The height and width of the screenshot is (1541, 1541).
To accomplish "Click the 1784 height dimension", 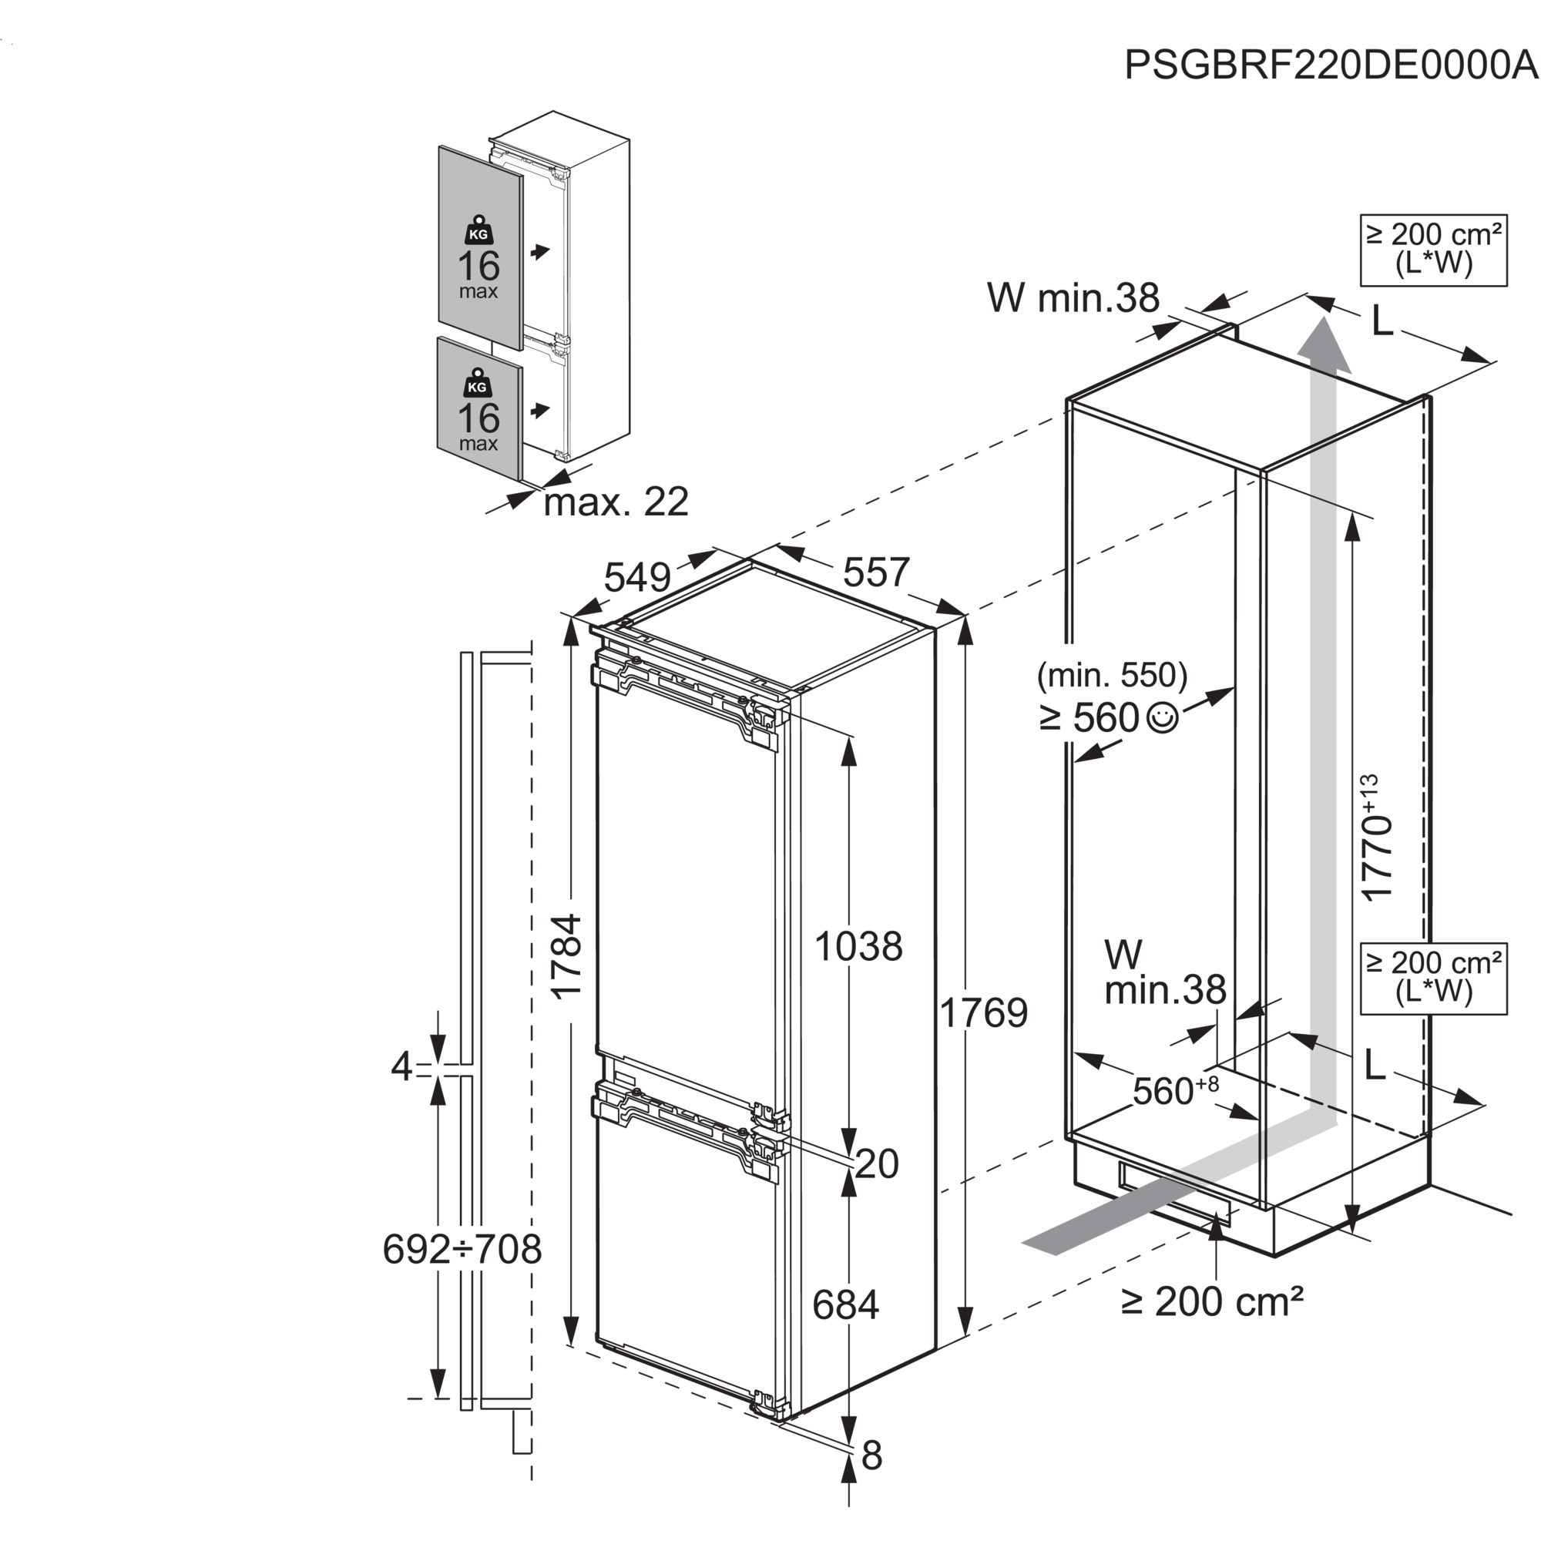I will [569, 961].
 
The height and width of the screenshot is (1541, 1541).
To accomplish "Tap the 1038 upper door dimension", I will [858, 947].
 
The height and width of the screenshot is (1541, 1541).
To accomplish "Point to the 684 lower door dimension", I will [845, 1305].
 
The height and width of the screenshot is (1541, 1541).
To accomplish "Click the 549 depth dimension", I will [638, 576].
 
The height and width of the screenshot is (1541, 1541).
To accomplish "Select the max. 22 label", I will [616, 502].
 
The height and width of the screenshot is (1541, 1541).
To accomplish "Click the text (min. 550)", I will [1112, 676].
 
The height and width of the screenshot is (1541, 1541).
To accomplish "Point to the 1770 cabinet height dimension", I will [1380, 838].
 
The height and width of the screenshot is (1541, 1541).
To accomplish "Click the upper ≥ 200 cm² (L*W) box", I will [1434, 250].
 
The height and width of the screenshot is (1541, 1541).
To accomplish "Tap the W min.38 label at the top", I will [1073, 297].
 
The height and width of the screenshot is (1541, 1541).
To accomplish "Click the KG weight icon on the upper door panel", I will [478, 232].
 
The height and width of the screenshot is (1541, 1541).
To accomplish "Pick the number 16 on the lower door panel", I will [478, 418].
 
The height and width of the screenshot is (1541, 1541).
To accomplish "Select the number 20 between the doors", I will [878, 1163].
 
